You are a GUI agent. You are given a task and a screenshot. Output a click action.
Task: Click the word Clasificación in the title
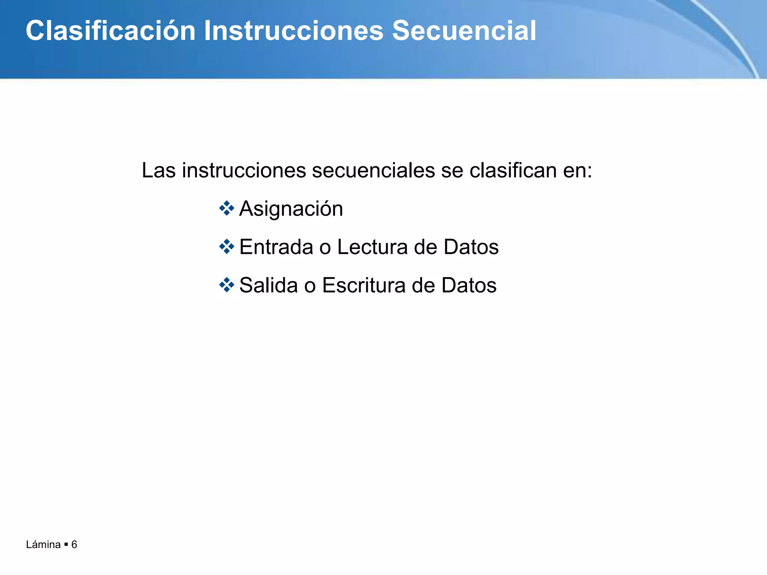[x=111, y=31]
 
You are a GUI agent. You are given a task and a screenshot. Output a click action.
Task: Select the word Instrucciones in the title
[x=294, y=31]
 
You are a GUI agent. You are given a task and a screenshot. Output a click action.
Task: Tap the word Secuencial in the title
[x=464, y=31]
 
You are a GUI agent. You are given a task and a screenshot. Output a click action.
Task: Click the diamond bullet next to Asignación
[x=227, y=208]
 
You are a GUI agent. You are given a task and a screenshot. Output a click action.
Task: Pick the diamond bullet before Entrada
[x=227, y=247]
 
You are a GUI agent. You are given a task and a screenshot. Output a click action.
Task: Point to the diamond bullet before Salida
[x=227, y=285]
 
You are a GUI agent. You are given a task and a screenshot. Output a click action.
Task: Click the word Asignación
[x=291, y=209]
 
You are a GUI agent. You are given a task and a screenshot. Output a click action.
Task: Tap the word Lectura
[x=372, y=247]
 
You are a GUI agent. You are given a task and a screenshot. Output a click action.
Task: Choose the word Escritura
[x=364, y=285]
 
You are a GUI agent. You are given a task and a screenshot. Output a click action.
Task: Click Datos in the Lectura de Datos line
[x=471, y=247]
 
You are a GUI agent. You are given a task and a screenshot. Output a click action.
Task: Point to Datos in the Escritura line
[x=469, y=285]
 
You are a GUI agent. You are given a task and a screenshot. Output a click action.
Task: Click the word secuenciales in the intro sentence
[x=373, y=171]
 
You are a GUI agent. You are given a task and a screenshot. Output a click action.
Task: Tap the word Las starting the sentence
[x=159, y=171]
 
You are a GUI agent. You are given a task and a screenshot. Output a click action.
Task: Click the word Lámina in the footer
[x=43, y=545]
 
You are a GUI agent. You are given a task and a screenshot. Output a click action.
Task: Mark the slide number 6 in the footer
[x=74, y=545]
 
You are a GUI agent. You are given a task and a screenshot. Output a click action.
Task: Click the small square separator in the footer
[x=66, y=545]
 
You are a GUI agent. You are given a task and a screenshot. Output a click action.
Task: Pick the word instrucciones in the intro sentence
[x=244, y=171]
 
